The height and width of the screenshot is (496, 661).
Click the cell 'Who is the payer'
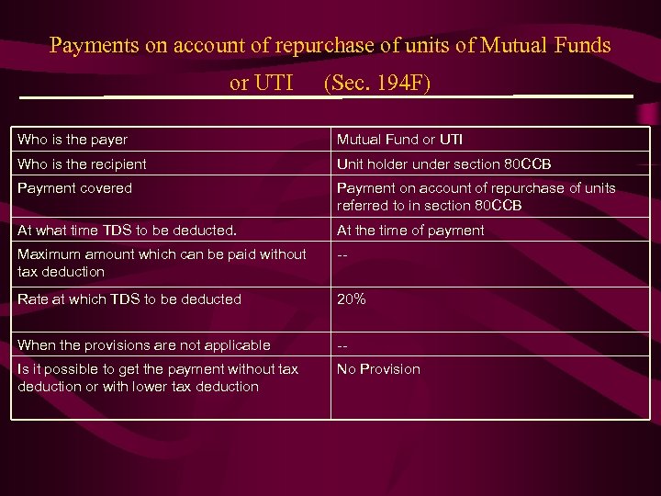click(73, 140)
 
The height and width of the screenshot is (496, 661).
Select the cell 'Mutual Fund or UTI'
click(400, 140)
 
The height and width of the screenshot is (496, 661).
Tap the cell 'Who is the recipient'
click(82, 163)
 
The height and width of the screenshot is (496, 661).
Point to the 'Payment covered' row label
click(74, 187)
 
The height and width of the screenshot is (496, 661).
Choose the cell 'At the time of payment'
click(410, 230)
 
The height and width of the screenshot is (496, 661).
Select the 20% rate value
click(351, 299)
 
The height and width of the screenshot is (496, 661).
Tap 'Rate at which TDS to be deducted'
click(129, 299)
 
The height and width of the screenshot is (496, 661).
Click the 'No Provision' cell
click(378, 369)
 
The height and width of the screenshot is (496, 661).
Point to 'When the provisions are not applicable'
click(144, 345)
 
